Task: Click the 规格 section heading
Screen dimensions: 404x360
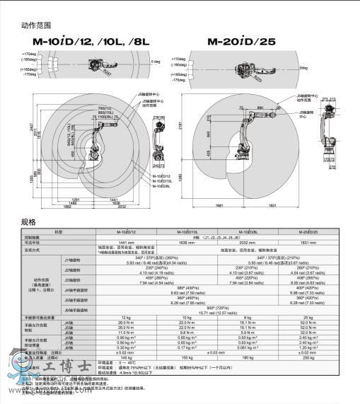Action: pyautogui.click(x=27, y=221)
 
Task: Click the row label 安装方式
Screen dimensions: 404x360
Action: pyautogui.click(x=32, y=249)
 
